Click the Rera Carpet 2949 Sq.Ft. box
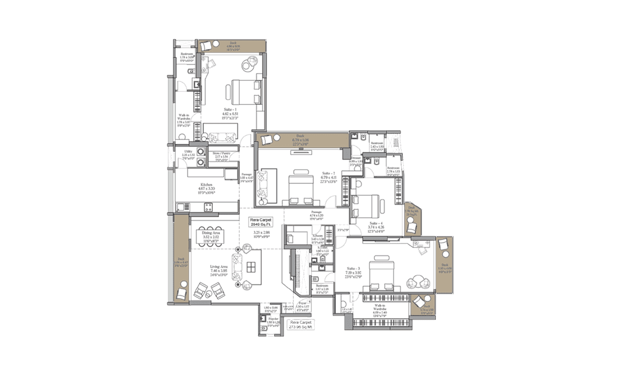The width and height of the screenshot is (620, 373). click(x=262, y=222)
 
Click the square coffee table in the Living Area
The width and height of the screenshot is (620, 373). click(x=252, y=266)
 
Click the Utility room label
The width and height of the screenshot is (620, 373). click(x=188, y=153)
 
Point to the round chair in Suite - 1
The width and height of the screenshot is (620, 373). click(x=248, y=65)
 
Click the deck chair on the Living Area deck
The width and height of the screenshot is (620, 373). click(x=182, y=294)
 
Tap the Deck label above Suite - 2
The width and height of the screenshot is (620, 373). click(x=300, y=137)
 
